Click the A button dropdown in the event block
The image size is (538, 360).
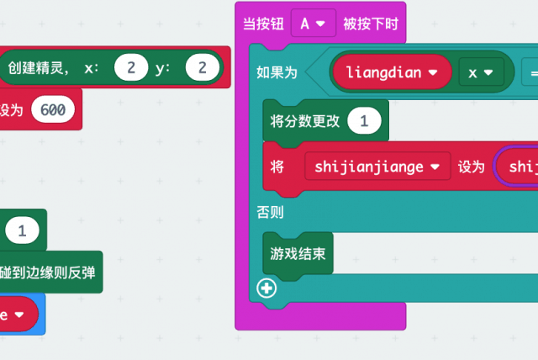[x=313, y=24]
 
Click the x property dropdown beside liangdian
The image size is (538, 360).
[x=480, y=72]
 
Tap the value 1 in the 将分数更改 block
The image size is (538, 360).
[x=364, y=121]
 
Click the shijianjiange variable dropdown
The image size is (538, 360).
[x=377, y=167]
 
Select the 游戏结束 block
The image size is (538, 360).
[x=298, y=252]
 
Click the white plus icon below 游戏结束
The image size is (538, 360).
[x=267, y=289]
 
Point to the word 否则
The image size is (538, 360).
[x=270, y=212]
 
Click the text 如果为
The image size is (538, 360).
[x=277, y=72]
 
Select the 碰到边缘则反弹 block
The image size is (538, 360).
[x=50, y=272]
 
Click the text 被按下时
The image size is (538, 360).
[x=370, y=24]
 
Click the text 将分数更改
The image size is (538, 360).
[x=304, y=121]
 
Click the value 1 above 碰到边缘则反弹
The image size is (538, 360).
[x=22, y=229]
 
